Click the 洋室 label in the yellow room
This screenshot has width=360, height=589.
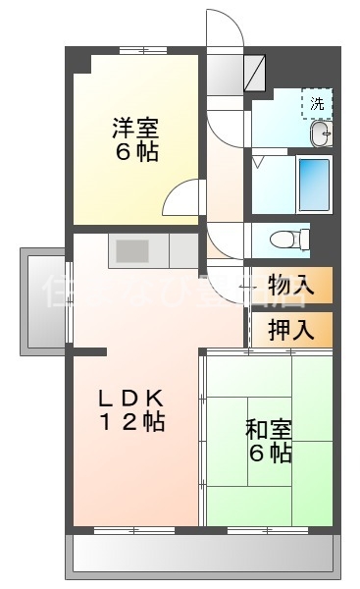[134, 128]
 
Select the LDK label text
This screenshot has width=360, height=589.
[134, 398]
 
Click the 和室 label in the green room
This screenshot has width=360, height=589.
[267, 428]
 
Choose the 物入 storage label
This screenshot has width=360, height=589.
[290, 285]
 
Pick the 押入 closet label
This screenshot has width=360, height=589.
[290, 329]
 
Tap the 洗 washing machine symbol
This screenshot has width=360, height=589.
[317, 102]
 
